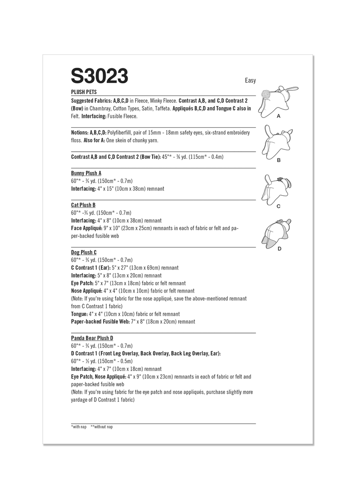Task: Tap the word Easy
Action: tap(250, 81)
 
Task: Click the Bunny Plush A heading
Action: tap(86, 173)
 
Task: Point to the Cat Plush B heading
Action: tap(83, 205)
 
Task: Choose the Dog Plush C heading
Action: tap(84, 252)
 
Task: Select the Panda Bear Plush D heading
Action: tap(92, 337)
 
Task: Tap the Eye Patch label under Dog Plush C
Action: tap(82, 283)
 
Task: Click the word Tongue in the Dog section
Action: tap(79, 314)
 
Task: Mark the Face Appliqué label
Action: tap(83, 228)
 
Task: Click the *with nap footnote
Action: tap(79, 427)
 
